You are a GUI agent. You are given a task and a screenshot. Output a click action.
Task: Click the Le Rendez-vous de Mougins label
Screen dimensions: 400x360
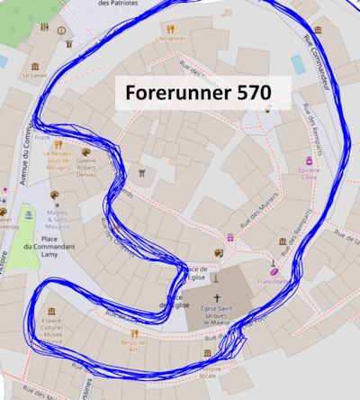pos(57,163)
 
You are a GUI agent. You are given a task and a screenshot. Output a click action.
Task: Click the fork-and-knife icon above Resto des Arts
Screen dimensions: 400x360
pos(133,332)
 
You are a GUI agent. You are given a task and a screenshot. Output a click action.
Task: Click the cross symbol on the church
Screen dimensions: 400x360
pos(217,297)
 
